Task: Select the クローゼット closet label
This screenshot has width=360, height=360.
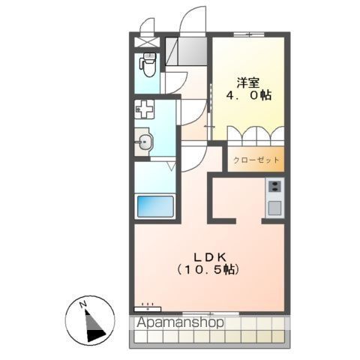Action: coord(256,160)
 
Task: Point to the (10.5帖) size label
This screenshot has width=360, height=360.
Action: coord(208,268)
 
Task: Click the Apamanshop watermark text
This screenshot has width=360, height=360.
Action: coord(180,323)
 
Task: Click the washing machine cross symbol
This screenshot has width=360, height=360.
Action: coord(144,109)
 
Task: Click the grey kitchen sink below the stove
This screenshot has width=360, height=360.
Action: coord(274,207)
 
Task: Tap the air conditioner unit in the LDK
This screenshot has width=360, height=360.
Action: coord(148,307)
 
